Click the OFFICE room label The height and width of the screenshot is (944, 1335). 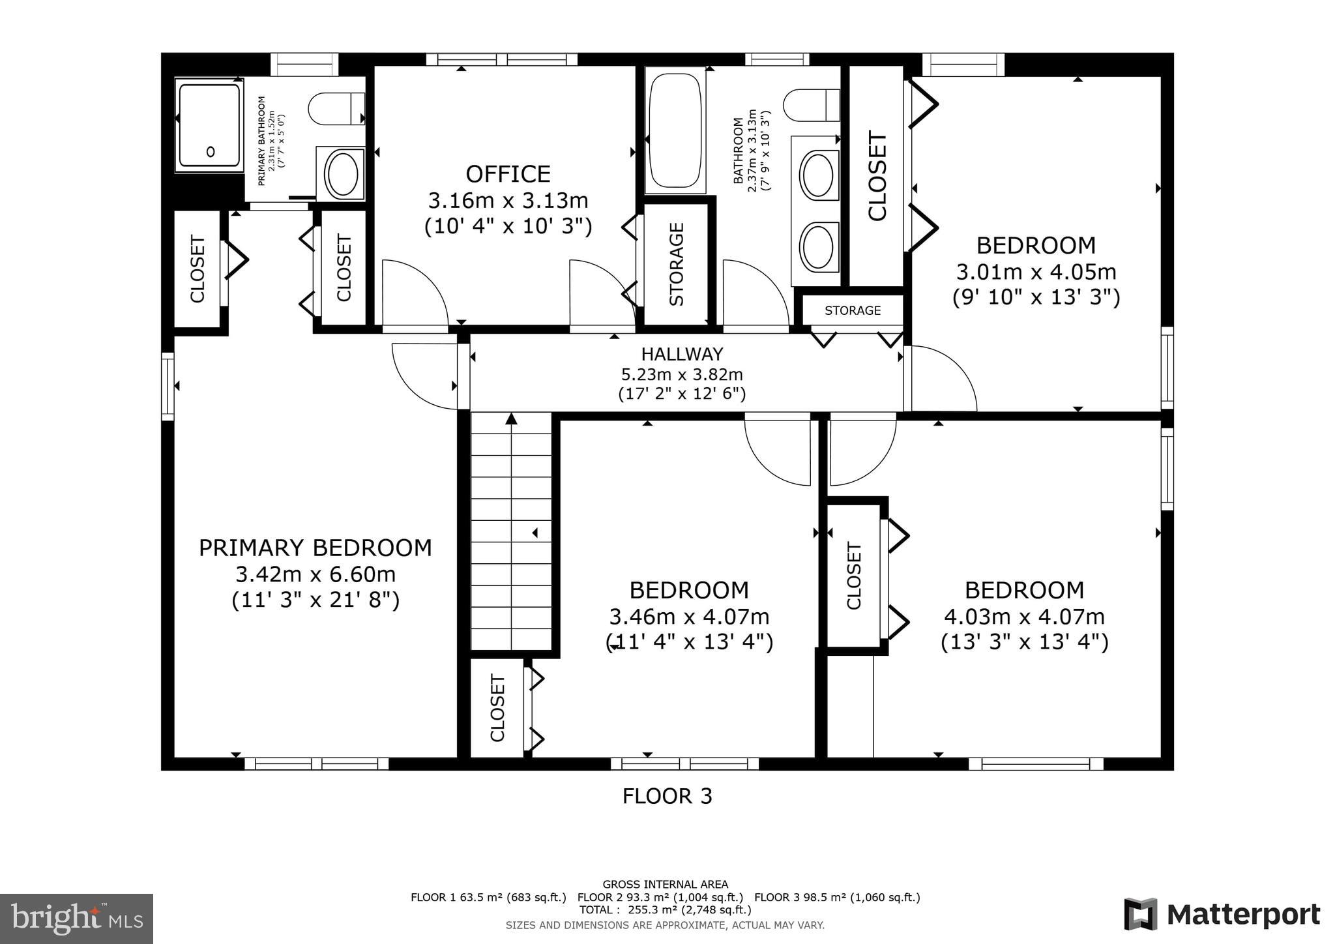508,174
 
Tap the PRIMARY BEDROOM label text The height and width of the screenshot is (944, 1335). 315,548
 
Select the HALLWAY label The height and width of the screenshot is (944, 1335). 682,354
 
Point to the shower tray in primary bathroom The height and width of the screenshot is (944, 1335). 209,125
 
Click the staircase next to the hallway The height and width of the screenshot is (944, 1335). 511,531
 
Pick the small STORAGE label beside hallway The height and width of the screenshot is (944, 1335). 852,311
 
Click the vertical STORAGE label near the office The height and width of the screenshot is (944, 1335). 677,264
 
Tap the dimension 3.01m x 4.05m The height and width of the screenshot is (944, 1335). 1036,271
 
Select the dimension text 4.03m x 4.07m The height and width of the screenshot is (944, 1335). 1024,616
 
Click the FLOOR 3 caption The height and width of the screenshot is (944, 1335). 667,796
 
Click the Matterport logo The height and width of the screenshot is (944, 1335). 1222,915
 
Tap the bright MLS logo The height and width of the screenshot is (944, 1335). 76,919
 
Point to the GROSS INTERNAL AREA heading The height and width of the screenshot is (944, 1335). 665,885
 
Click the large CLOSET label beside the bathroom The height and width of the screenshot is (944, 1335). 877,176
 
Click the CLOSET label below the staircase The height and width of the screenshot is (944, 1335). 497,709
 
